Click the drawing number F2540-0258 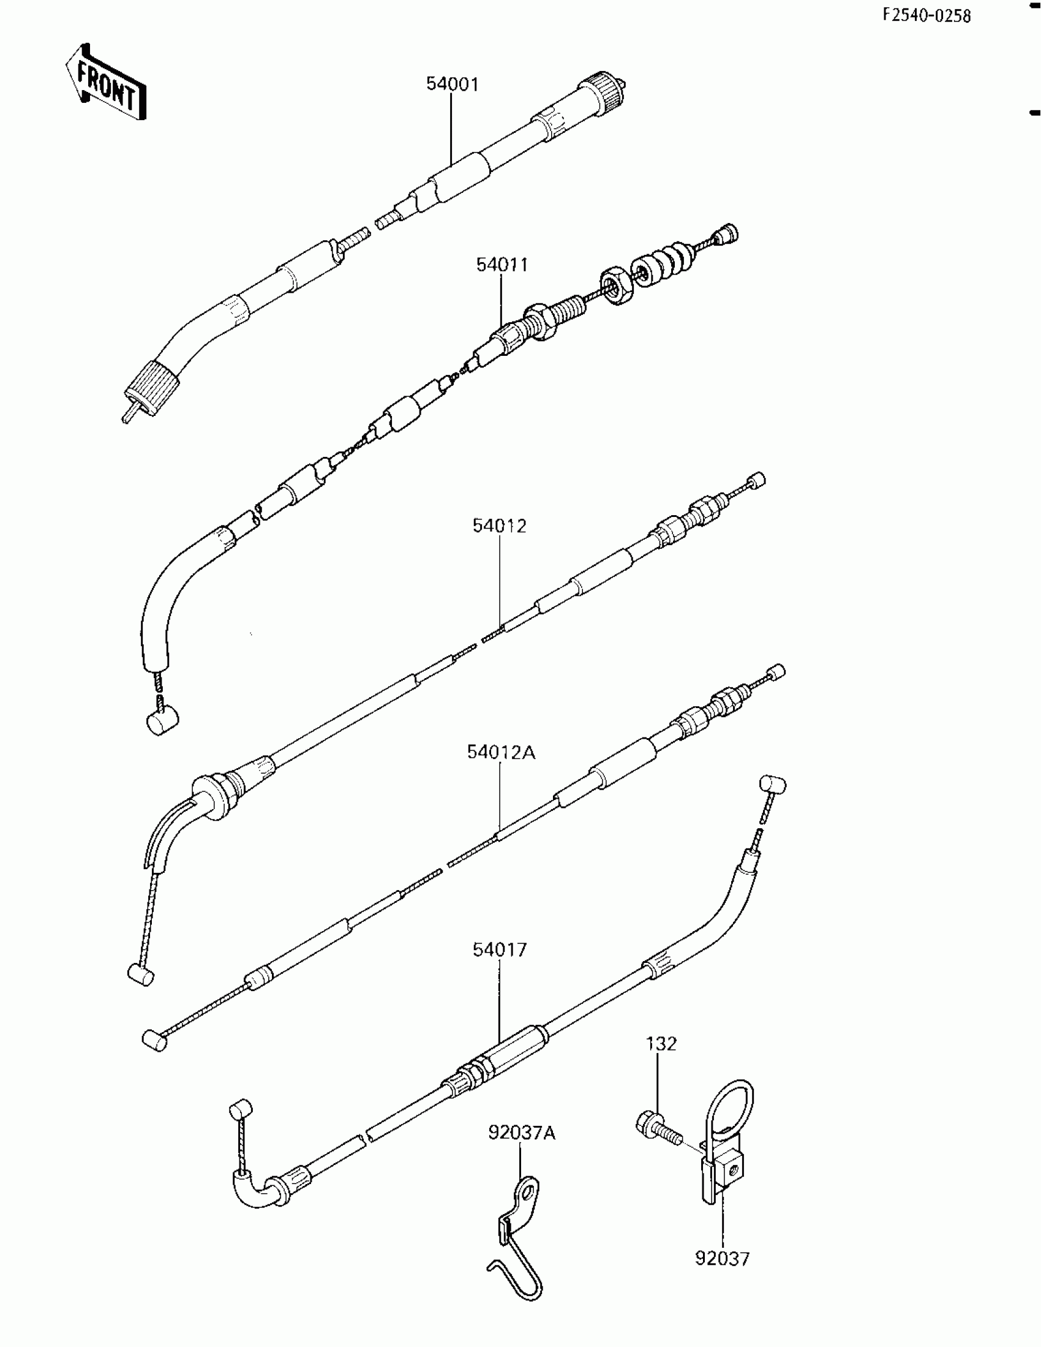tap(926, 16)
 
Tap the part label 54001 tap(452, 85)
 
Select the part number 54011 tap(502, 265)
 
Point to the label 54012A tap(501, 752)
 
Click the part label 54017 tap(500, 950)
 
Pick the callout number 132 tap(661, 1044)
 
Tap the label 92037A tap(522, 1133)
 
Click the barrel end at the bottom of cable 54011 tap(162, 721)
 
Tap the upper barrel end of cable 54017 tap(772, 785)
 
